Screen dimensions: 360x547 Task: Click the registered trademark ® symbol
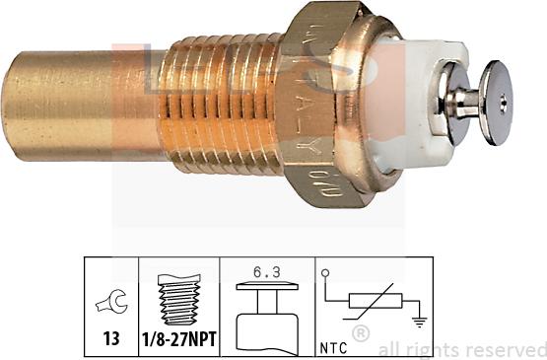[x=361, y=334]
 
